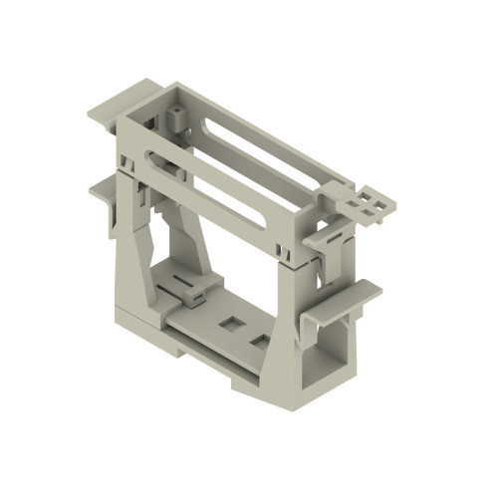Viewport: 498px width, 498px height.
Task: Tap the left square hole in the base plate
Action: [x=231, y=324]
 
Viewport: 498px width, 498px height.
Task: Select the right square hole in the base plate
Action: [x=261, y=342]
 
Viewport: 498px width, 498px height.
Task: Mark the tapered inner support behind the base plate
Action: [x=199, y=239]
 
